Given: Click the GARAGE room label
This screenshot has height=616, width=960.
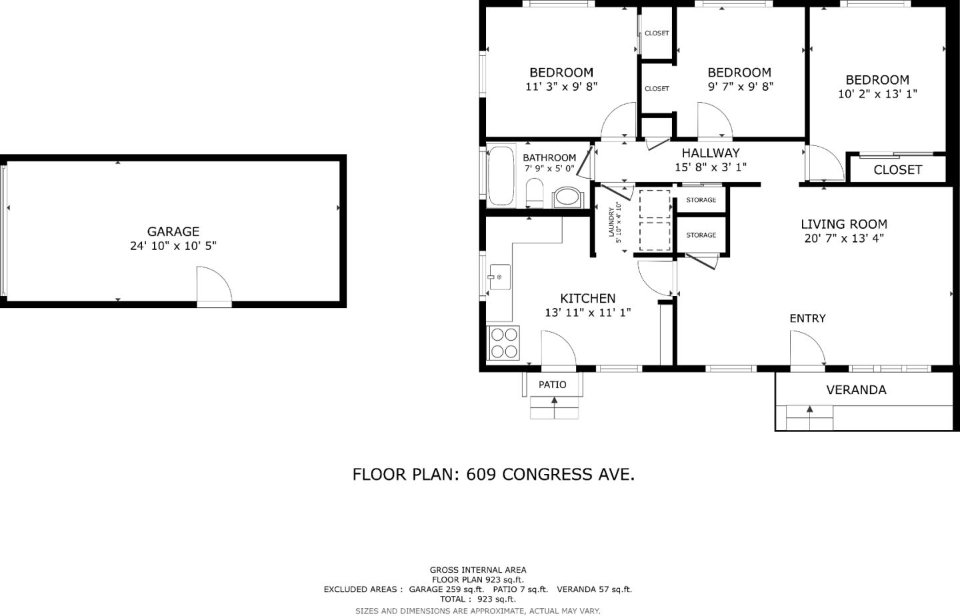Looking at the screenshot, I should pyautogui.click(x=173, y=231).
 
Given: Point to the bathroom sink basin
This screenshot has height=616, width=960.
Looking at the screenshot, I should pyautogui.click(x=568, y=197).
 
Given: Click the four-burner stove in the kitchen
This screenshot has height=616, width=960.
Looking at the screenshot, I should pyautogui.click(x=503, y=343).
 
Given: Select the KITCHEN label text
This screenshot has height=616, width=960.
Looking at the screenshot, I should pyautogui.click(x=587, y=298).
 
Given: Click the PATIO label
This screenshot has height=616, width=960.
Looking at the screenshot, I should pyautogui.click(x=552, y=385).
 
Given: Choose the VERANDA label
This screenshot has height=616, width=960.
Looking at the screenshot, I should pyautogui.click(x=856, y=390).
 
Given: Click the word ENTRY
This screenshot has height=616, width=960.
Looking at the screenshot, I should pyautogui.click(x=807, y=319).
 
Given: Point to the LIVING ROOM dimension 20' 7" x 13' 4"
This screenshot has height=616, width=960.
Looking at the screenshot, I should pyautogui.click(x=844, y=239).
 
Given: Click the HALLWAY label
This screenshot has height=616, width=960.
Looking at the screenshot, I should pyautogui.click(x=710, y=153).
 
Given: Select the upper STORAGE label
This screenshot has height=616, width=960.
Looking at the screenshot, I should pyautogui.click(x=701, y=200).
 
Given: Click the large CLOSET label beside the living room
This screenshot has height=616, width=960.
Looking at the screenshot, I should pyautogui.click(x=897, y=170).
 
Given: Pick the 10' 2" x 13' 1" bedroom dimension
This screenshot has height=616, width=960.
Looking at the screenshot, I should pyautogui.click(x=877, y=94).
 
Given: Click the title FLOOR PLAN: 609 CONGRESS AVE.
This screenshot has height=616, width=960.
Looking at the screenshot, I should pyautogui.click(x=493, y=474).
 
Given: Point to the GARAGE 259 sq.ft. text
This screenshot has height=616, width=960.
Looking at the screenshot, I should pyautogui.click(x=446, y=589).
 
